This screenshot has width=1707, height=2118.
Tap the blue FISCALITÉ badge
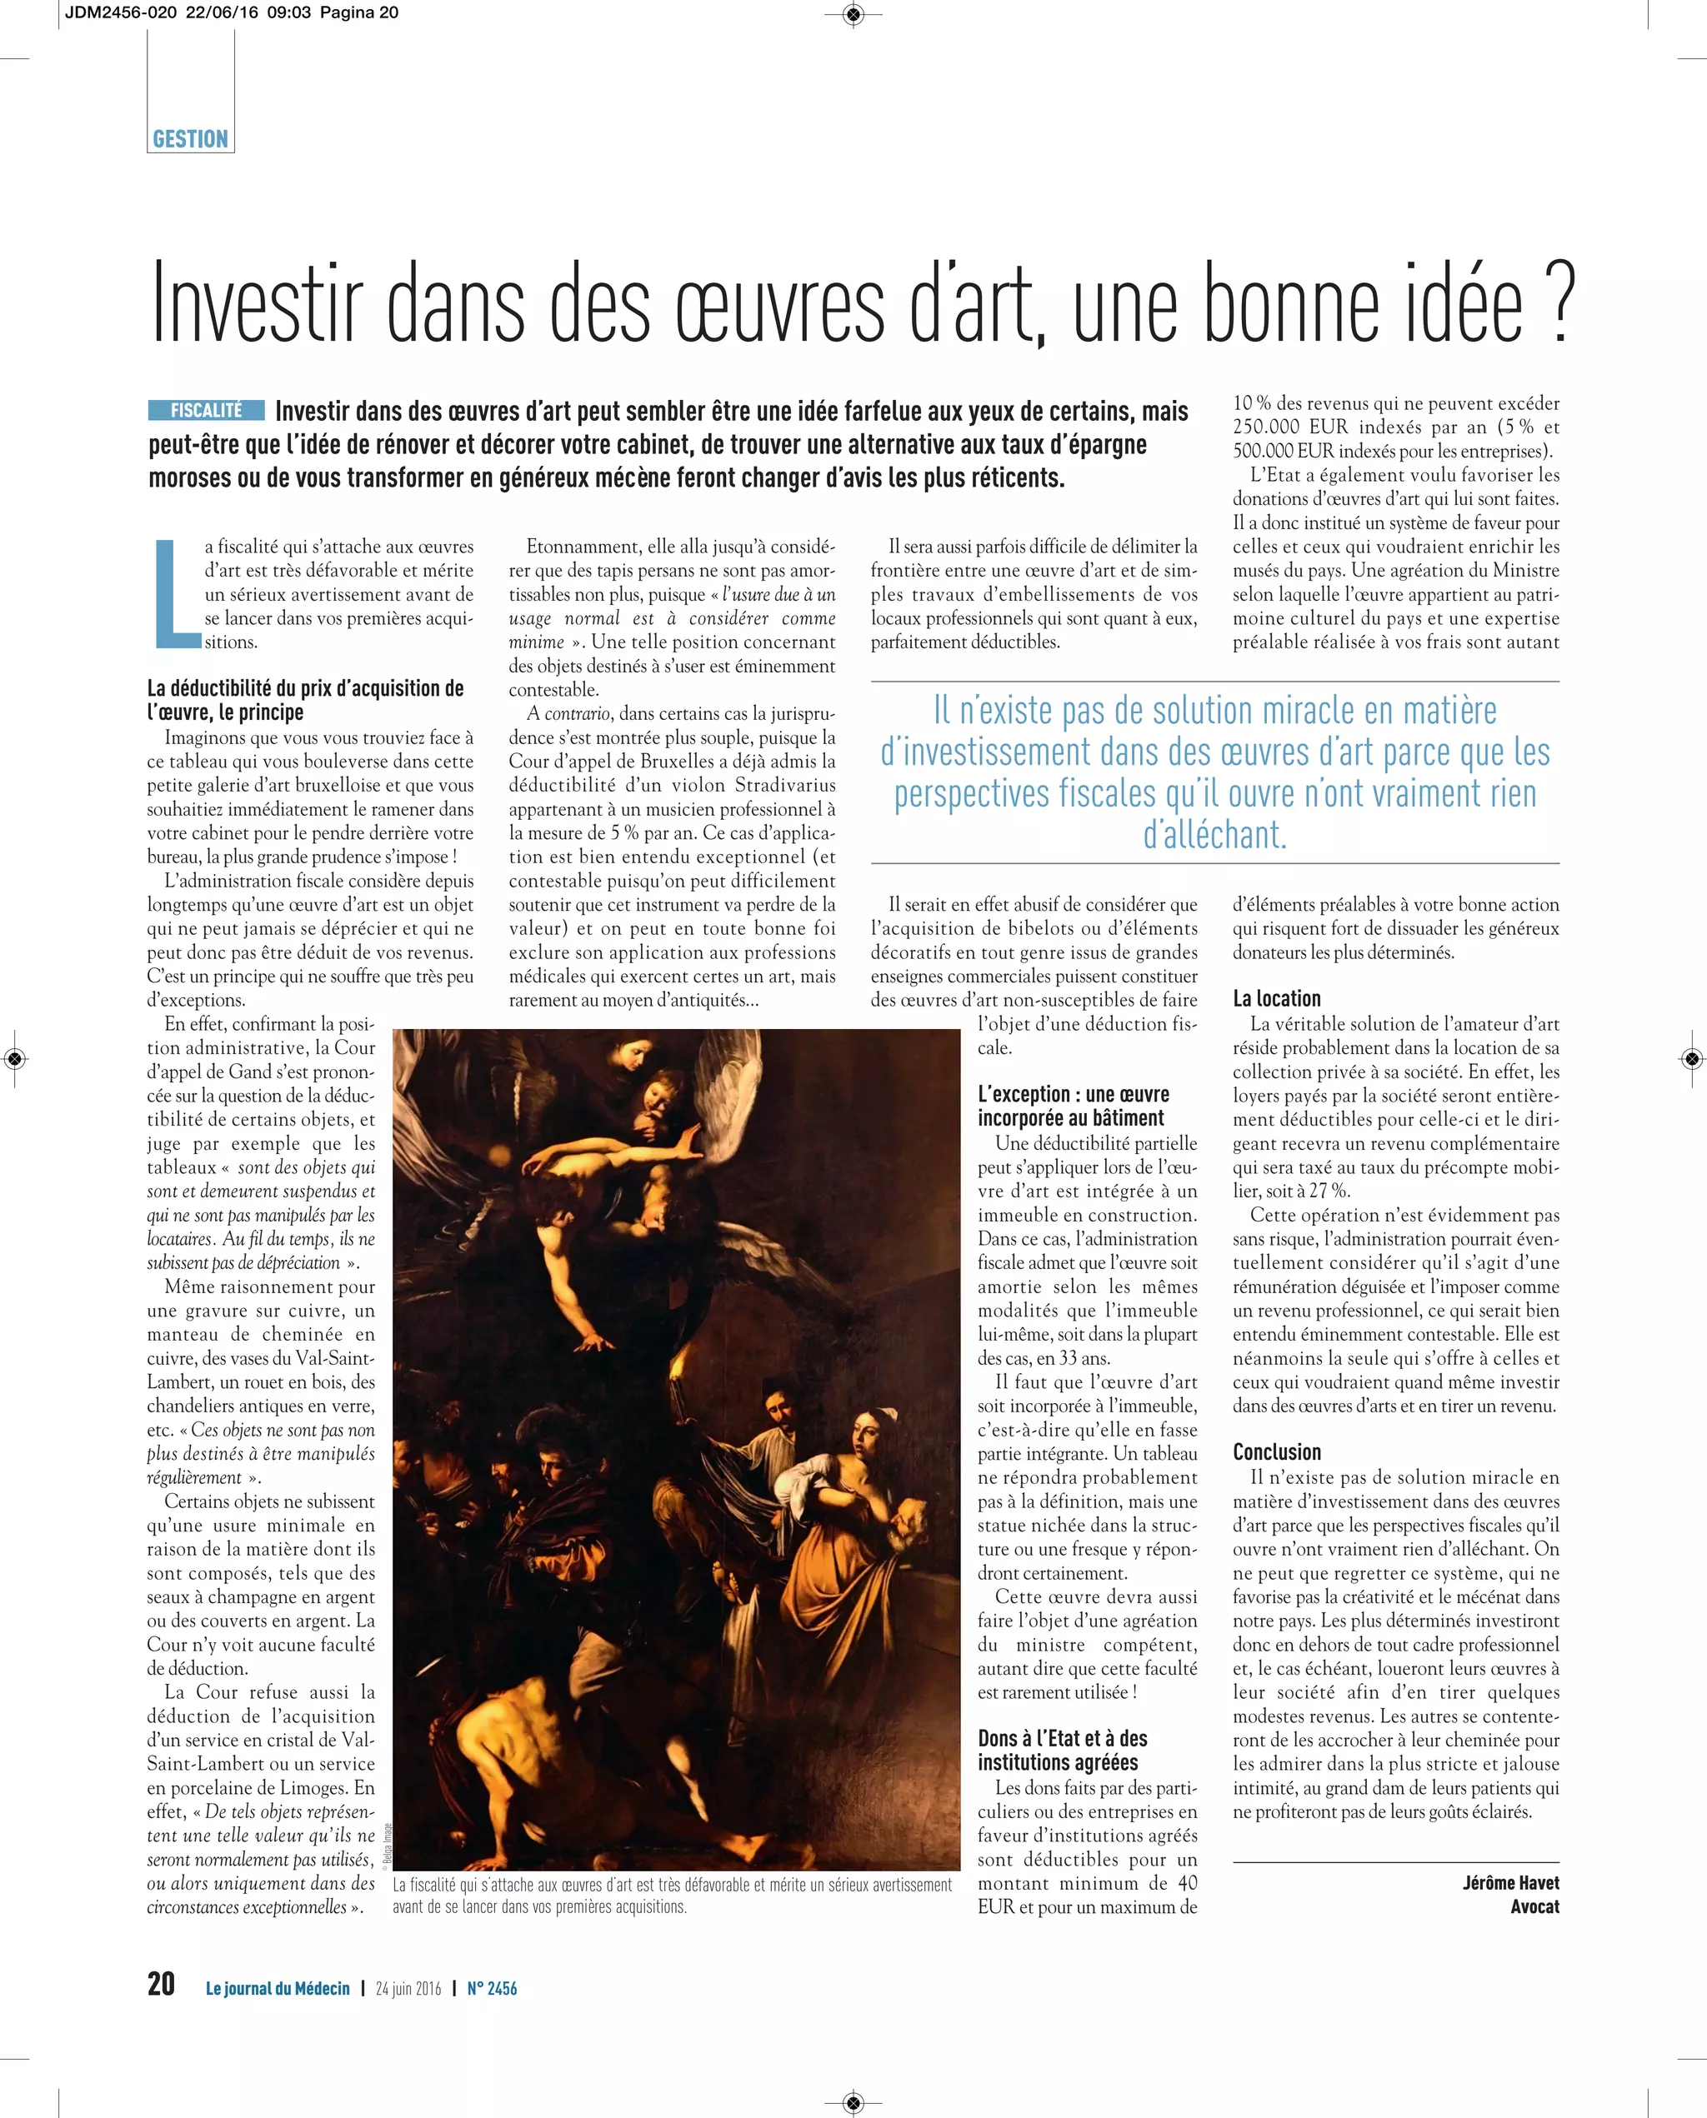coord(207,410)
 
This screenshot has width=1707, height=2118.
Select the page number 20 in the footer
coord(161,1983)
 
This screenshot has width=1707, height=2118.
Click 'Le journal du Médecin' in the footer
coord(278,1988)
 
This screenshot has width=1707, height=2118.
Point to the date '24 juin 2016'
coord(408,1988)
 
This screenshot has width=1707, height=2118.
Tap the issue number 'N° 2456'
coord(492,1988)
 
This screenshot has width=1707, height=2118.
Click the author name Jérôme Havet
coord(1510,1882)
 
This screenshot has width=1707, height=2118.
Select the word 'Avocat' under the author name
coord(1535,1906)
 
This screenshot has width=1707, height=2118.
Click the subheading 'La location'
coord(1276,998)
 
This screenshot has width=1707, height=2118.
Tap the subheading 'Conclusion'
coord(1276,1451)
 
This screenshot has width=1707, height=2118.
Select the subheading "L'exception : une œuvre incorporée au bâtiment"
coord(1073,1106)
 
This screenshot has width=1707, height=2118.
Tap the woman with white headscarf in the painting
coord(872,1435)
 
